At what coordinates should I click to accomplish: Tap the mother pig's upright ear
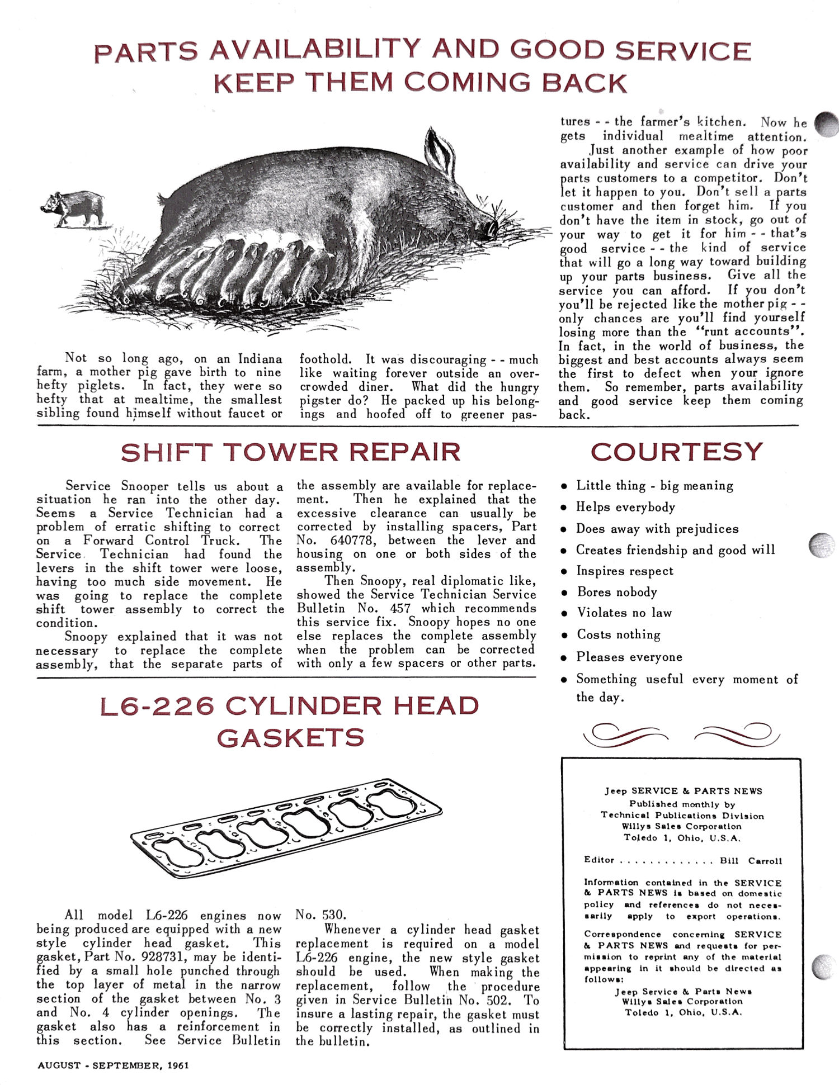(441, 149)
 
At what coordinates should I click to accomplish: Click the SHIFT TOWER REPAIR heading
(291, 452)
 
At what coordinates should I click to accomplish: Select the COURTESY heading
(677, 452)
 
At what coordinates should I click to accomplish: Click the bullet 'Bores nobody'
(617, 592)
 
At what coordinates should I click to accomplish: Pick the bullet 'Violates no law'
(624, 613)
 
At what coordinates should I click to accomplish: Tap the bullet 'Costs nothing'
(619, 635)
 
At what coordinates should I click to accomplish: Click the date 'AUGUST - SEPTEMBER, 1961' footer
(113, 1065)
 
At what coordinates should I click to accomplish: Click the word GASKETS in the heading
(291, 738)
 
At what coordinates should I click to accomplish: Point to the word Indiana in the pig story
(260, 358)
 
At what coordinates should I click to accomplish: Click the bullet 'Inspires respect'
(625, 571)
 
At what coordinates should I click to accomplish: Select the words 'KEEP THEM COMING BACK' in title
(421, 83)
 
